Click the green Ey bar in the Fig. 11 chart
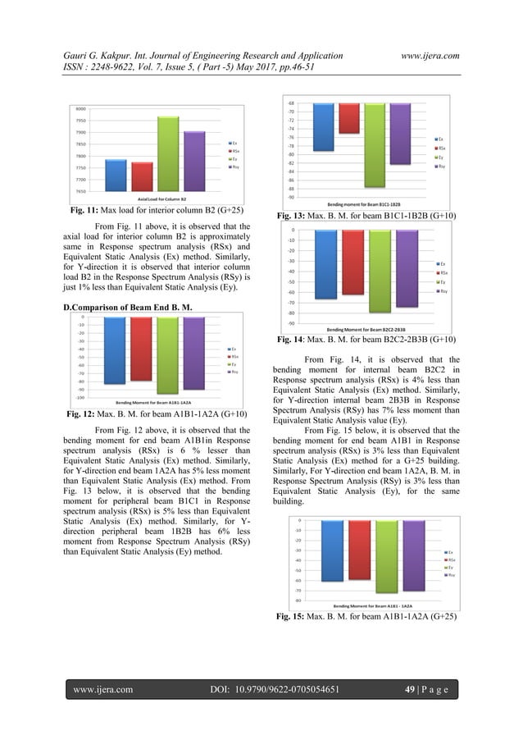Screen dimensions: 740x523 tap(168, 153)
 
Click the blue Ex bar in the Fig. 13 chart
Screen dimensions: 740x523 tap(324, 127)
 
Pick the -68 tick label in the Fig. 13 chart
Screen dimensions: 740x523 tap(291, 103)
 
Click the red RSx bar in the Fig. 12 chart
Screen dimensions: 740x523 tap(141, 349)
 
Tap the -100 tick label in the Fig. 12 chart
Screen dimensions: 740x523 tap(80, 397)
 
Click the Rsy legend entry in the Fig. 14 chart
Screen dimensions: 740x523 tap(442, 291)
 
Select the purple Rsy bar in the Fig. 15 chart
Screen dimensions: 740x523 tap(412, 555)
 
